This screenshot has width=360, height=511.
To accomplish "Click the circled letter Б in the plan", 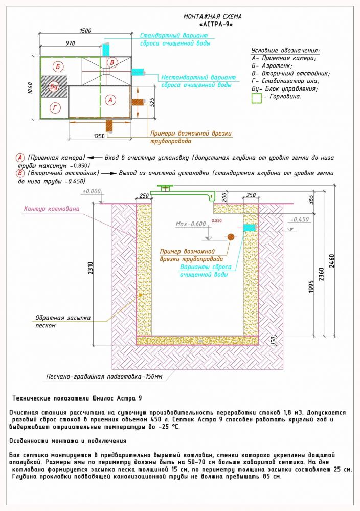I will [58, 67].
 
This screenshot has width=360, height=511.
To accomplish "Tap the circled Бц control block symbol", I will [54, 87].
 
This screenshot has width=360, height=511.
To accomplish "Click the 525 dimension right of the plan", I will [152, 102].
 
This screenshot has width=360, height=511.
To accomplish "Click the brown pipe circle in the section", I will [231, 236].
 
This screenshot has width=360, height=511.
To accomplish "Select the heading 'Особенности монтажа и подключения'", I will [67, 440].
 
